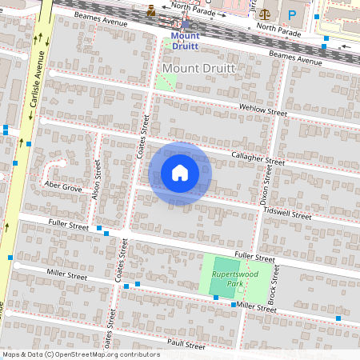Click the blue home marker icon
[x=180, y=173]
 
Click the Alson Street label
[x=96, y=181]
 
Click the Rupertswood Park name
[x=226, y=279]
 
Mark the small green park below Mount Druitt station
[x=166, y=79]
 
